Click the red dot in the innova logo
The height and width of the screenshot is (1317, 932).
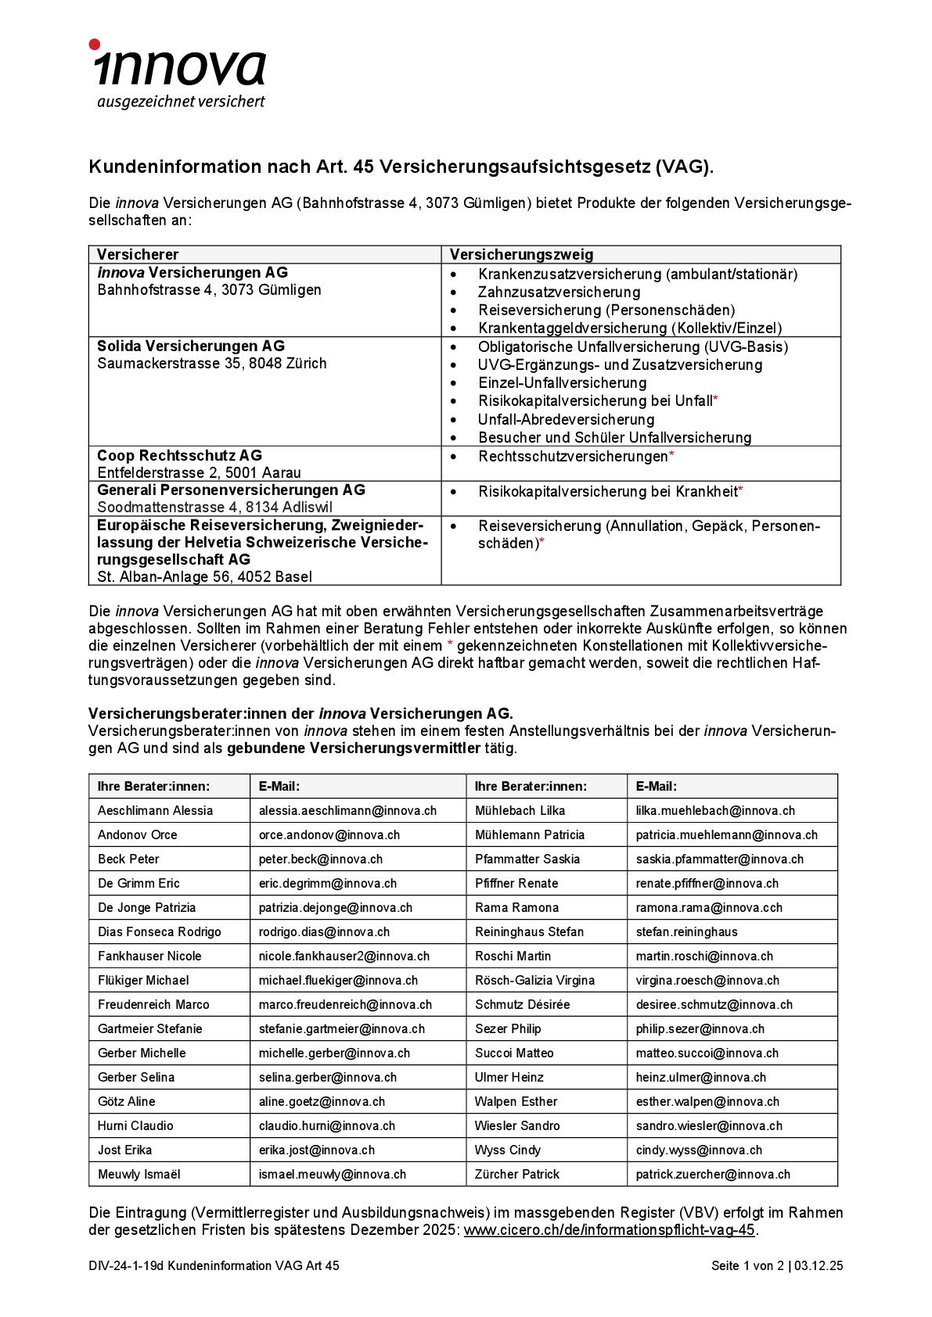pyautogui.click(x=95, y=45)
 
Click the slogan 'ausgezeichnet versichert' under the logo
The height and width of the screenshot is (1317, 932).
pyautogui.click(x=181, y=102)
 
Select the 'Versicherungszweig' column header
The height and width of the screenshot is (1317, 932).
pyautogui.click(x=521, y=254)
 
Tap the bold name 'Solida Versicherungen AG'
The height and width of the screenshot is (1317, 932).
pyautogui.click(x=191, y=346)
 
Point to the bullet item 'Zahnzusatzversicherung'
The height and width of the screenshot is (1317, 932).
pyautogui.click(x=559, y=292)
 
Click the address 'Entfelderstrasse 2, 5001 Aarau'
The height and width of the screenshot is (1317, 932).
pyautogui.click(x=199, y=472)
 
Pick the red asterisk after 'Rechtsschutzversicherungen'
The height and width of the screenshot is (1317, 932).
pyautogui.click(x=671, y=455)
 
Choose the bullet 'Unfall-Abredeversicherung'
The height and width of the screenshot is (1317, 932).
pyautogui.click(x=566, y=419)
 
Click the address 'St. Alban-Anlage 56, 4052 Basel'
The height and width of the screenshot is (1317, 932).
pyautogui.click(x=204, y=576)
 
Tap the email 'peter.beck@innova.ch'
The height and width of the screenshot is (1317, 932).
pyautogui.click(x=321, y=859)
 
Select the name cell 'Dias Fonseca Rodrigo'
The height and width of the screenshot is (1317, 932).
pyautogui.click(x=160, y=931)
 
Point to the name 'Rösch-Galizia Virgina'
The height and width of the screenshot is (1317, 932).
pyautogui.click(x=534, y=980)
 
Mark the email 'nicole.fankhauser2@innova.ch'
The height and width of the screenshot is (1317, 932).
pyautogui.click(x=344, y=956)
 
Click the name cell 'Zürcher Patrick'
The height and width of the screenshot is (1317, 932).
pyautogui.click(x=517, y=1174)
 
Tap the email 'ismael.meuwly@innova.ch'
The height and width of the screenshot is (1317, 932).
pyautogui.click(x=333, y=1174)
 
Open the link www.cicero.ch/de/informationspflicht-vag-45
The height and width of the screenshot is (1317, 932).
pyautogui.click(x=609, y=1229)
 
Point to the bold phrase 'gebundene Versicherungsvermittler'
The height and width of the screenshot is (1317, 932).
pyautogui.click(x=354, y=748)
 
